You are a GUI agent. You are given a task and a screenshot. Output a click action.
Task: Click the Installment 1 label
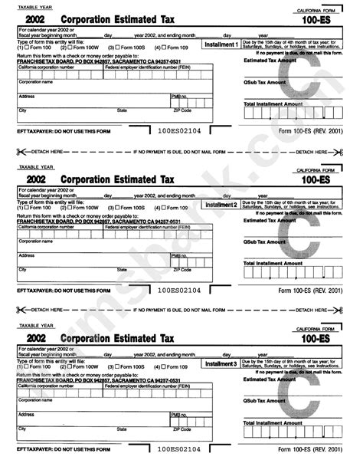(x=221, y=45)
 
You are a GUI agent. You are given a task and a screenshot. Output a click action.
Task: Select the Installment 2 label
(x=221, y=205)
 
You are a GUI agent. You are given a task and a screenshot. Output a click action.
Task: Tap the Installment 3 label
(x=221, y=363)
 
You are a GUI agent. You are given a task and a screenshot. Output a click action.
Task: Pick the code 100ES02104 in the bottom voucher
(x=178, y=450)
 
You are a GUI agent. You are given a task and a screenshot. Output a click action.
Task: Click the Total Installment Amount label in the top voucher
(x=273, y=103)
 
